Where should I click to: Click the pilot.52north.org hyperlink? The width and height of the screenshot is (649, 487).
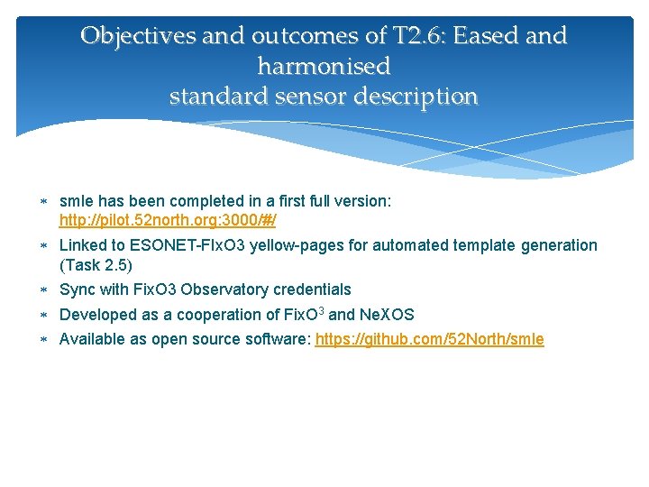tap(168, 220)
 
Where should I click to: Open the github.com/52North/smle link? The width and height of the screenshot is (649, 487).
tap(430, 339)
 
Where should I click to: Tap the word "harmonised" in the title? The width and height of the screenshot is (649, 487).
tap(324, 66)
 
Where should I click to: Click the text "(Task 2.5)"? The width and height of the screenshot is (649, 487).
tap(96, 265)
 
